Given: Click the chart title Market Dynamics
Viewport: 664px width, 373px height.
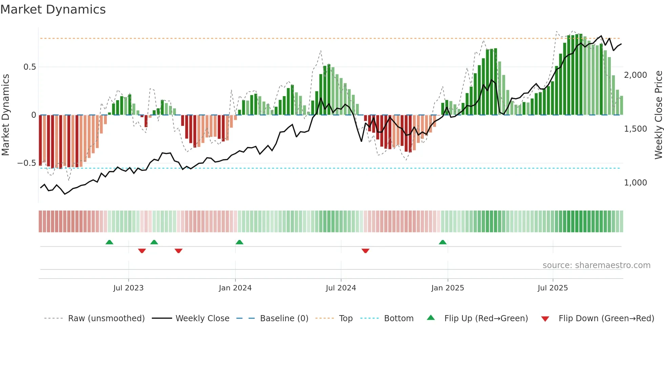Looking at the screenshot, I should click(53, 9).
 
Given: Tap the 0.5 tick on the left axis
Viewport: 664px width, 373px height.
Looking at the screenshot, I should click(29, 67).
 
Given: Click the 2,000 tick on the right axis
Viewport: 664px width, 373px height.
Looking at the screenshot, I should click(635, 75).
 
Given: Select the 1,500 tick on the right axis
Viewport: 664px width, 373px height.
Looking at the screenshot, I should click(635, 129).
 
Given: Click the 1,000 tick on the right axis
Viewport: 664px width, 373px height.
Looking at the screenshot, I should click(635, 183).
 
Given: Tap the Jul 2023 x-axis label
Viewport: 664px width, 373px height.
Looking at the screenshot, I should click(128, 288).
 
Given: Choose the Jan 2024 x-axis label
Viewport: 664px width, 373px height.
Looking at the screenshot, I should click(235, 288).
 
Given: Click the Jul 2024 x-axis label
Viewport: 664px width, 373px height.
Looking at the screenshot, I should click(341, 288).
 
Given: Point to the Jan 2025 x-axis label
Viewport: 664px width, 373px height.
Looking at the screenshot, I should click(448, 288).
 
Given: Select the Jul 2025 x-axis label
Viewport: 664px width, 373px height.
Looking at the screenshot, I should click(553, 288).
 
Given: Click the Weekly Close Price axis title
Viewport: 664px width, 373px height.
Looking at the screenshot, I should click(658, 115).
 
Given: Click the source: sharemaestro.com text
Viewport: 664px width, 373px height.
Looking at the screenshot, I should click(596, 265).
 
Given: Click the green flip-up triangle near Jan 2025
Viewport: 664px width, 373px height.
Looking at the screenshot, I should click(442, 242).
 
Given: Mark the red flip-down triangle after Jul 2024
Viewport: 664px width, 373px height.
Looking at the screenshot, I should click(365, 251).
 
